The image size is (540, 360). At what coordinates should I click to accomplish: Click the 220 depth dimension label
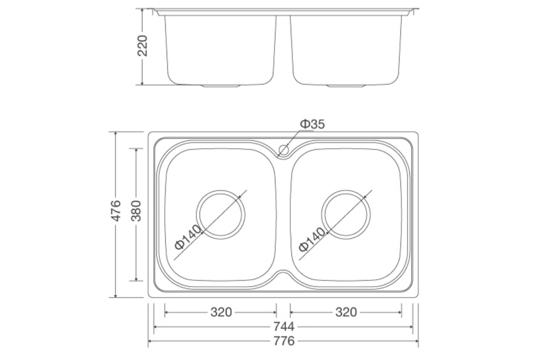point(143,45)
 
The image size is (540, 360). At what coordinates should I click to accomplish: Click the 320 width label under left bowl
point(221,312)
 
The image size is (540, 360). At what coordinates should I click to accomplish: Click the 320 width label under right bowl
point(346,312)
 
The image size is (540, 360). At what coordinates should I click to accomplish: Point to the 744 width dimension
point(284,327)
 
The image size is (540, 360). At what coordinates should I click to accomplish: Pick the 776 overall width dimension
point(284,341)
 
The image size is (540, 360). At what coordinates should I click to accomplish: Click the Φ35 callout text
point(312,124)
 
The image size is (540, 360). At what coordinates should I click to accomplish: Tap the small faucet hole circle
point(284,150)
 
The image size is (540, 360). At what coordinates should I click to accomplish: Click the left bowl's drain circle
point(221,215)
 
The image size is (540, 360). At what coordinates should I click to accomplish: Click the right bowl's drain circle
point(346,215)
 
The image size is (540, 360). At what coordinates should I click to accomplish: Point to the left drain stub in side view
point(221,86)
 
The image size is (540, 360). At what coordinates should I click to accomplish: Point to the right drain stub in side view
point(346,86)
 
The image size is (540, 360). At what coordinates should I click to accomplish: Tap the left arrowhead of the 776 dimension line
point(150,341)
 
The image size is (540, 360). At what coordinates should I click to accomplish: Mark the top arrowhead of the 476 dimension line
point(116,134)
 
